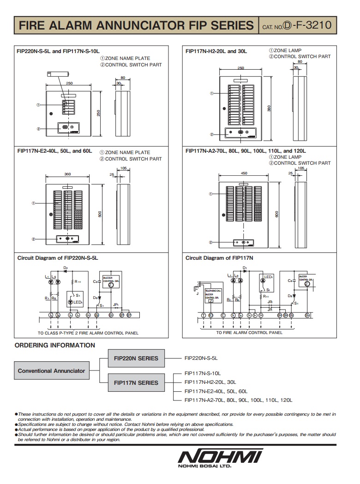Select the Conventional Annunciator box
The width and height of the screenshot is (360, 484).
click(x=51, y=370)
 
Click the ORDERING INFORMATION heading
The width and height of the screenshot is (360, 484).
click(x=55, y=345)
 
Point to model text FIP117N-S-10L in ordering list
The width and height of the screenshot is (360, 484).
click(x=203, y=373)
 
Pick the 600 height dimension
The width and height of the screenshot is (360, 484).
click(x=277, y=215)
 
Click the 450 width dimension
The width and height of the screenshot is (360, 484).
click(x=244, y=173)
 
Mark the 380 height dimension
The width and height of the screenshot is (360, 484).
click(x=269, y=108)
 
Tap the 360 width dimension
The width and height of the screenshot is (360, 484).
click(x=68, y=174)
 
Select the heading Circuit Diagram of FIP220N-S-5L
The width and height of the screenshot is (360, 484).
click(x=58, y=258)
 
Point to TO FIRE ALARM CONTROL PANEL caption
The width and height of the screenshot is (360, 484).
click(x=249, y=332)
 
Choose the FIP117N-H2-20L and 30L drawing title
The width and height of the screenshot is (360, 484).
click(x=216, y=51)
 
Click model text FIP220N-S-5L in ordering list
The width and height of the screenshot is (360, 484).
click(x=201, y=358)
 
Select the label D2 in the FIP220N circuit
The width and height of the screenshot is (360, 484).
click(x=66, y=268)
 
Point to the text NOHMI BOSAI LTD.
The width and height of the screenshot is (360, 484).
click(x=203, y=466)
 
